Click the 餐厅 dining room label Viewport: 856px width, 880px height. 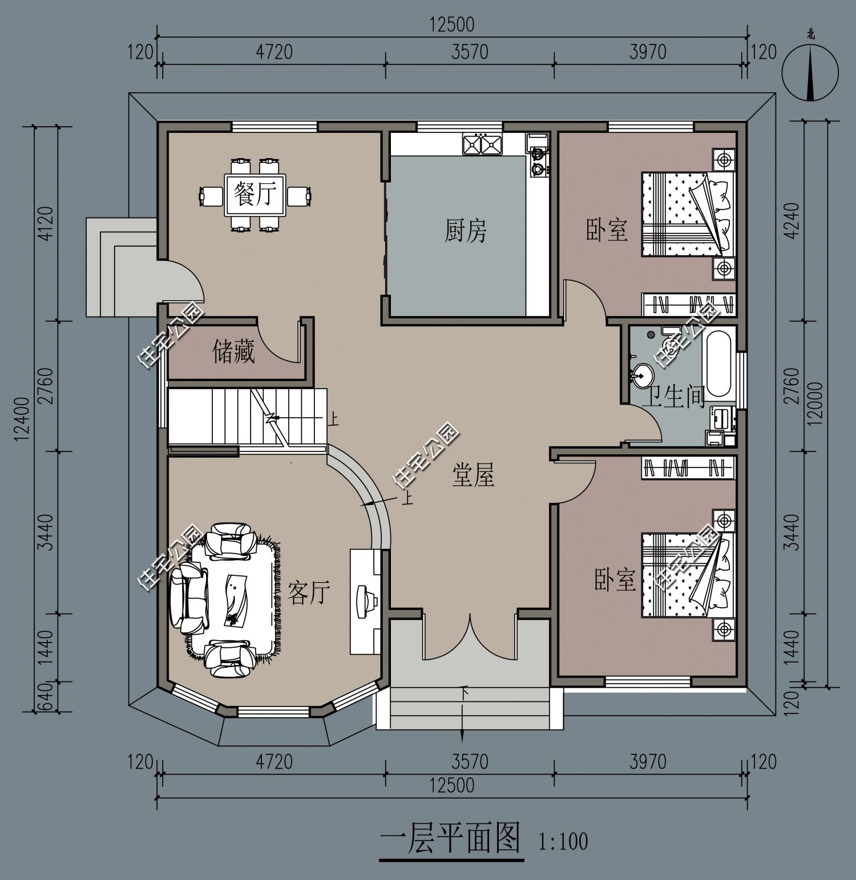255,195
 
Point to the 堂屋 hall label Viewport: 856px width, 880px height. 473,475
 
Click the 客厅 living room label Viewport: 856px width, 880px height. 309,592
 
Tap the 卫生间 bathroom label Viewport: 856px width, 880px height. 673,395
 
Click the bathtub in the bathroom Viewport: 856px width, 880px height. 718,365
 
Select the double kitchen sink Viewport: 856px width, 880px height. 482,144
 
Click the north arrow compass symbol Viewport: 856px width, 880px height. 810,71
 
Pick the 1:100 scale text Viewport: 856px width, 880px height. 563,841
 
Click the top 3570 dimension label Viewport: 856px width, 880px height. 470,52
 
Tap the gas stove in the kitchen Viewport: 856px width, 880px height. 538,160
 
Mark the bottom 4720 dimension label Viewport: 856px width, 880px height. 274,761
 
